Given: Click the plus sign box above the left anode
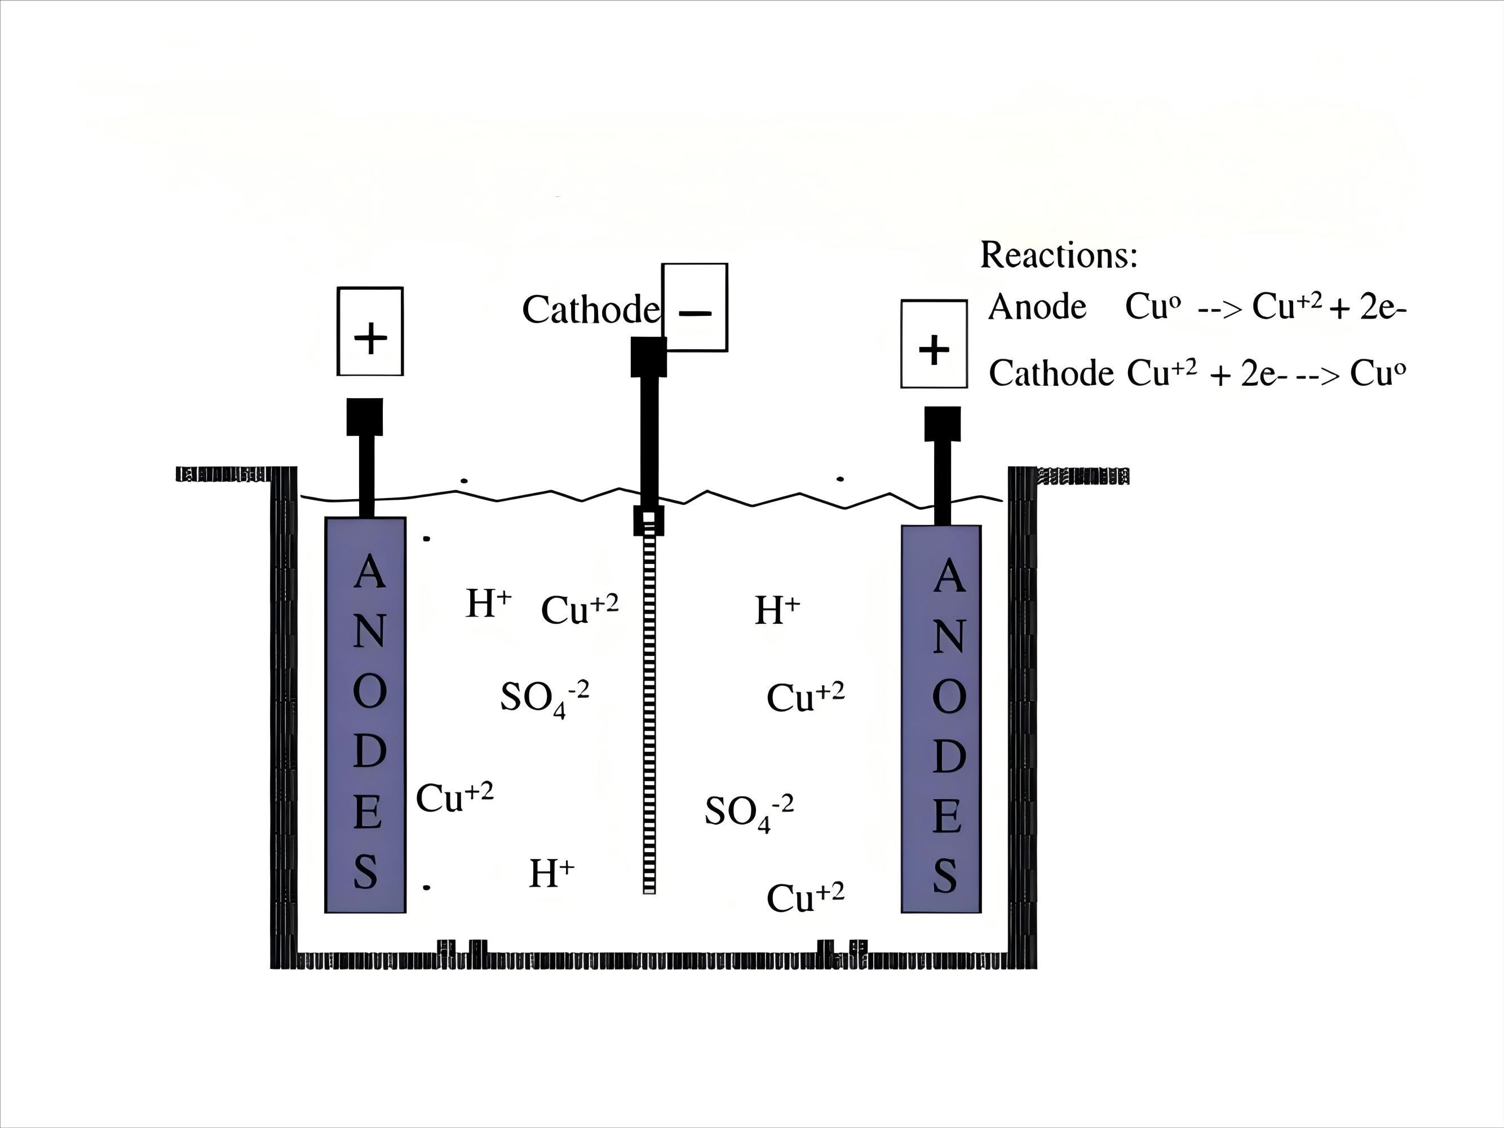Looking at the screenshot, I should click(x=370, y=331).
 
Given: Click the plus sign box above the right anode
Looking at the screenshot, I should click(x=934, y=344).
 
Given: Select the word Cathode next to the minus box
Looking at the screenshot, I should click(x=590, y=310).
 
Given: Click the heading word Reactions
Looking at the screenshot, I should click(x=1058, y=255).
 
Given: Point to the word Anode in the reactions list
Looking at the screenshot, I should click(x=1037, y=307).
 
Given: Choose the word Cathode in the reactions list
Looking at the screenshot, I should click(x=1050, y=373).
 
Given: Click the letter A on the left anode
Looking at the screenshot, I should click(x=369, y=571).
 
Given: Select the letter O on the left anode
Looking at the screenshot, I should click(x=369, y=692).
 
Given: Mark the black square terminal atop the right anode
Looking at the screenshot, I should click(x=943, y=424).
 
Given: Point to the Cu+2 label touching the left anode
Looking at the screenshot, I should click(x=454, y=798).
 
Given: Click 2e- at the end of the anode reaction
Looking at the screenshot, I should click(x=1382, y=308).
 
